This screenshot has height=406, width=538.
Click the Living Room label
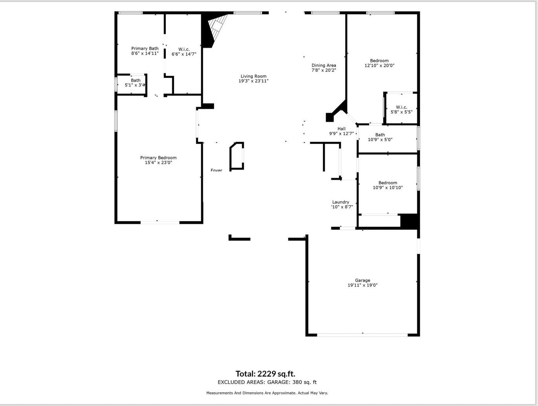253,77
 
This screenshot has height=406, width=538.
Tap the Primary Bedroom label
158,158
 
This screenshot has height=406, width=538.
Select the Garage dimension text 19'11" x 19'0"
362,285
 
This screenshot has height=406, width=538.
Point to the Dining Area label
324,66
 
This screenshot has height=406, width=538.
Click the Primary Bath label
145,49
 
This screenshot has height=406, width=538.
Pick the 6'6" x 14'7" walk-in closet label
184,52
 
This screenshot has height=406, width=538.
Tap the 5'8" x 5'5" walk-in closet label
401,110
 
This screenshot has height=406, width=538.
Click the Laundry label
340,202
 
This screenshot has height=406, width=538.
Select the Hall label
341,129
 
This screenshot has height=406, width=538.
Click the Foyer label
216,170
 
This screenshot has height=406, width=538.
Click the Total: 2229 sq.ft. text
265,374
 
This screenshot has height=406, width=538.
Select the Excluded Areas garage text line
267,382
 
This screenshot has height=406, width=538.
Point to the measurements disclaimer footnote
267,393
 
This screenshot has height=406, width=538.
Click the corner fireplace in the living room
214,29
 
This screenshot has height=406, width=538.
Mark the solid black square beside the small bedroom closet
408,221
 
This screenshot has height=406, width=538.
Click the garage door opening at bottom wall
362,335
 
